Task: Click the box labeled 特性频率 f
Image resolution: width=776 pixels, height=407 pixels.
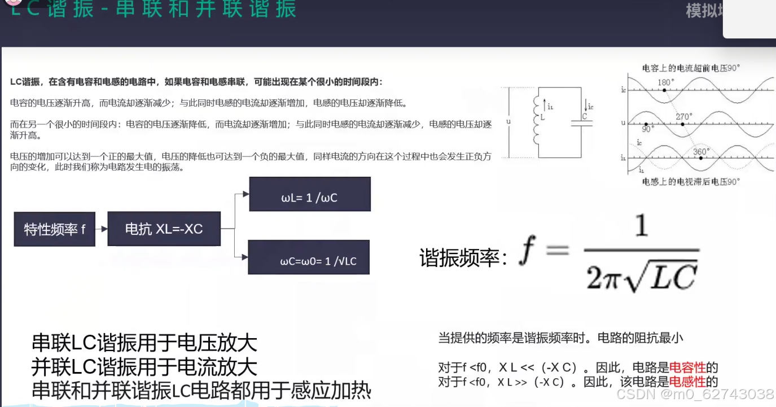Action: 54,229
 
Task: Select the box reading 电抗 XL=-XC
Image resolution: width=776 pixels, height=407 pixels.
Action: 164,229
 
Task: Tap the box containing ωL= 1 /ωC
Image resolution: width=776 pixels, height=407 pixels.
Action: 309,194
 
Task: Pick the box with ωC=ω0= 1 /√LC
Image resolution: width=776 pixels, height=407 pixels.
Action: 309,257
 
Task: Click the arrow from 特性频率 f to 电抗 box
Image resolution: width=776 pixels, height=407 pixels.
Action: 102,229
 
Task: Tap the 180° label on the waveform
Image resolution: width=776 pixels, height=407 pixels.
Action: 667,82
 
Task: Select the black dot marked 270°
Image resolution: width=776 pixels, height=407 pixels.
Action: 682,124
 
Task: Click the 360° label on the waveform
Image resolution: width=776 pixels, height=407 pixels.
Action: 700,151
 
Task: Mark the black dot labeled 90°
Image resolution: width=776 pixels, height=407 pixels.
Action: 646,124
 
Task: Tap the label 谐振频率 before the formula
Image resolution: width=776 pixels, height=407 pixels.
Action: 460,258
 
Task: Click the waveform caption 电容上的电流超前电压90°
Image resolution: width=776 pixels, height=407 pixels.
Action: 691,68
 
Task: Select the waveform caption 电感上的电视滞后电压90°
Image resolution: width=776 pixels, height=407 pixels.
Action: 691,182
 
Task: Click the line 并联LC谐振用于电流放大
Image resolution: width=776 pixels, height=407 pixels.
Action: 144,367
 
